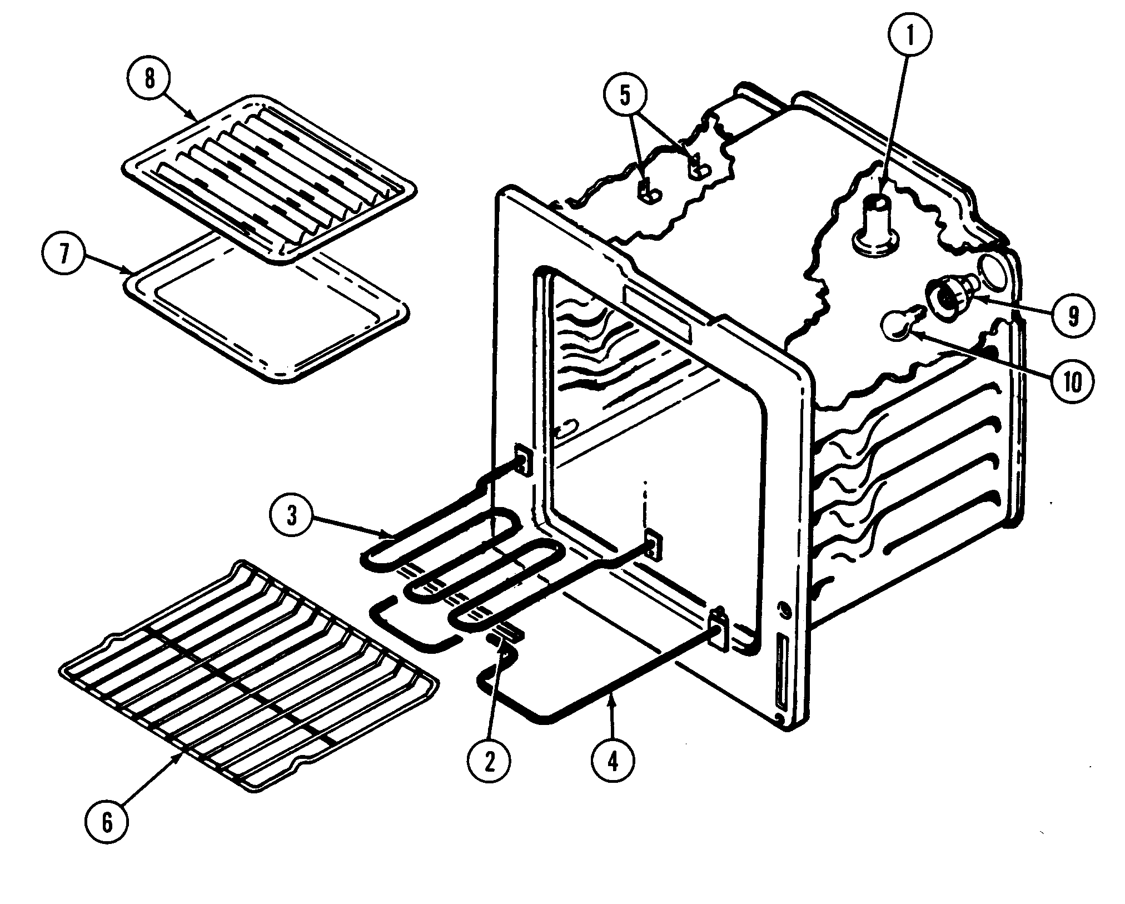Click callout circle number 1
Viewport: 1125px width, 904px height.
click(909, 35)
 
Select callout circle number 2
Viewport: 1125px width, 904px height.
click(489, 762)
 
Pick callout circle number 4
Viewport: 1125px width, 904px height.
click(613, 762)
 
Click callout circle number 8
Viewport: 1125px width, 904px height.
click(149, 79)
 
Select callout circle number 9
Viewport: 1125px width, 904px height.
click(1073, 316)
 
